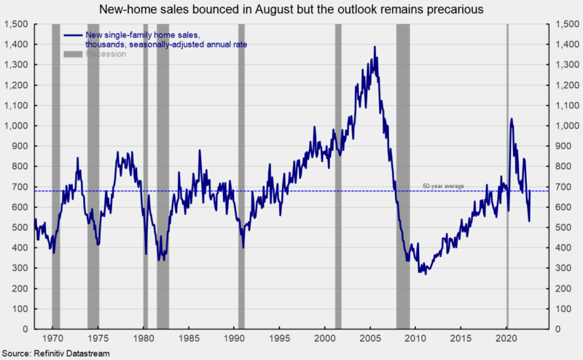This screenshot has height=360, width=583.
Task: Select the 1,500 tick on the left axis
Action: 17,24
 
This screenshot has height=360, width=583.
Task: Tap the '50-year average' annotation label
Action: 443,187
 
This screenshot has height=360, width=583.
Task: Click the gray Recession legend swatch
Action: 72,54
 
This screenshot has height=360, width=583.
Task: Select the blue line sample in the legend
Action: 72,35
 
